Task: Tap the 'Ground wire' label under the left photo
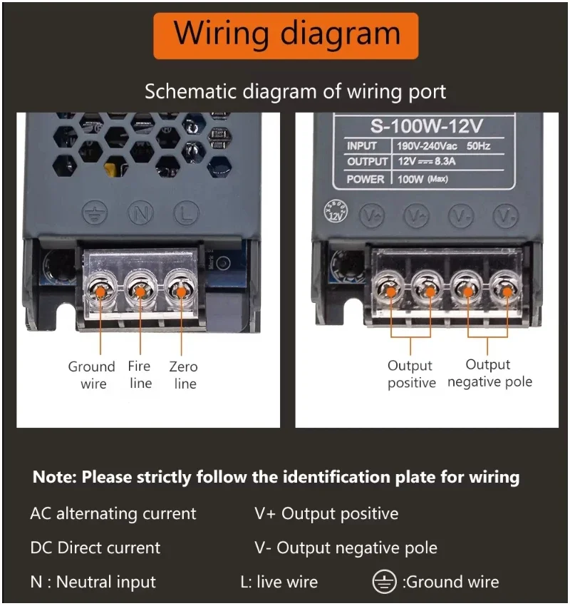91,375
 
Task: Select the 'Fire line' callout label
140,374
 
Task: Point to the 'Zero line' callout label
183,375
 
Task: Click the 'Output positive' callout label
411,374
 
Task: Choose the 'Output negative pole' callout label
489,374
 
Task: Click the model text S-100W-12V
427,126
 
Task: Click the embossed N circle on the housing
140,212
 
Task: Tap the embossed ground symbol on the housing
93,212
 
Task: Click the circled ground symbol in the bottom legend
384,582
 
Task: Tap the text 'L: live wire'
279,582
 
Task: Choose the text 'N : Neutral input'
93,582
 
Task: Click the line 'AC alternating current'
113,513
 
